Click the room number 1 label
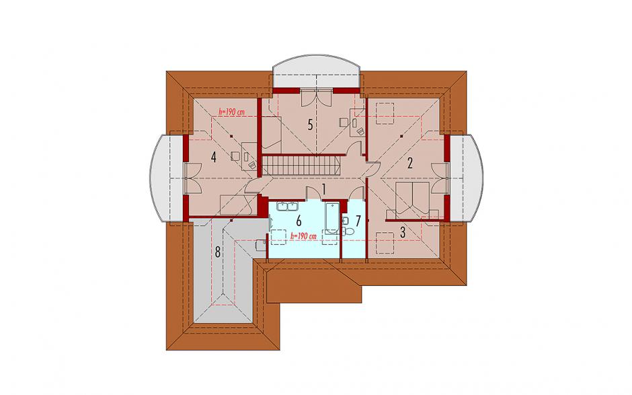click(323, 188)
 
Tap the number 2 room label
click(410, 163)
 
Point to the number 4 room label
click(213, 157)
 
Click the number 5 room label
click(310, 124)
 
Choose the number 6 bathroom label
click(299, 221)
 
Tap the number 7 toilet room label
click(358, 221)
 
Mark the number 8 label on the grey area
click(218, 252)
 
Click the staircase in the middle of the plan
click(301, 166)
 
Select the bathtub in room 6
click(333, 218)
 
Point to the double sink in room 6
click(286, 207)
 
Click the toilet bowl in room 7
click(349, 231)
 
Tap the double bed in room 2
click(412, 196)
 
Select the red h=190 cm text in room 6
click(303, 236)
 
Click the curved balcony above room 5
click(317, 71)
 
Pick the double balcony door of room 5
click(316, 97)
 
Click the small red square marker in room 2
click(402, 137)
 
